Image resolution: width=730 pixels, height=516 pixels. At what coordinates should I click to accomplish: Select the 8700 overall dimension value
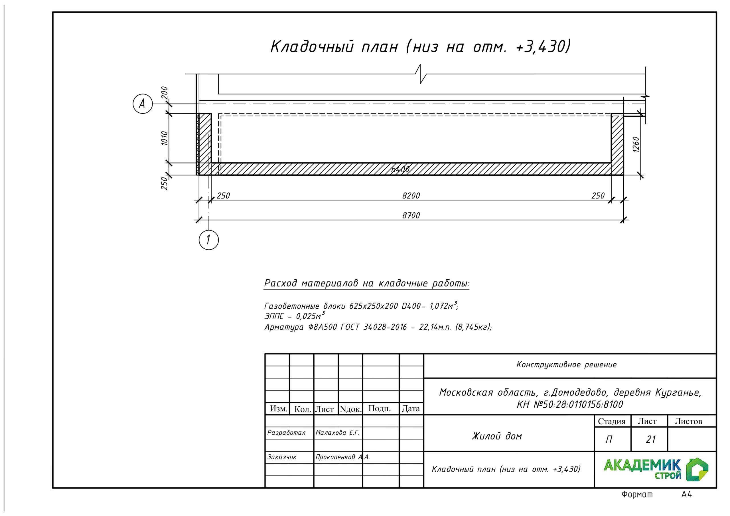tap(411, 216)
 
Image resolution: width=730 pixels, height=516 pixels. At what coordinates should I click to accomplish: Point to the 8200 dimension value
tap(411, 196)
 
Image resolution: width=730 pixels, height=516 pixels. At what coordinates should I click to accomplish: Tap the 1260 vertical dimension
tap(636, 144)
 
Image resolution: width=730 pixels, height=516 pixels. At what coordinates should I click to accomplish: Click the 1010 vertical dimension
tap(164, 138)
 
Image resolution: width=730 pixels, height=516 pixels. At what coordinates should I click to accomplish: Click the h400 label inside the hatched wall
tap(400, 169)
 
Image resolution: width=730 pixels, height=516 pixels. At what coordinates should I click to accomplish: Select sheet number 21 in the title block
tap(650, 439)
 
